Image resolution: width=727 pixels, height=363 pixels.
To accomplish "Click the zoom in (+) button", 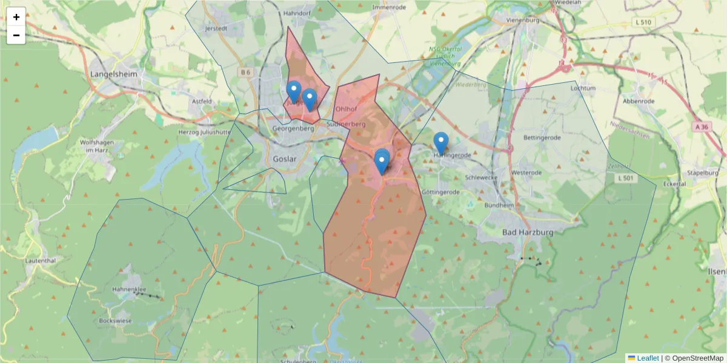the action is (16, 17).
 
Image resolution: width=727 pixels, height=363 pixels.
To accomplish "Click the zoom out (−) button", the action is (16, 35).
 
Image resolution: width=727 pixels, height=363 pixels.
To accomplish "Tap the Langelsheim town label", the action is (114, 74).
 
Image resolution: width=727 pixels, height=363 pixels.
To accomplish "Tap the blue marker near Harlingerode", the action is (441, 143).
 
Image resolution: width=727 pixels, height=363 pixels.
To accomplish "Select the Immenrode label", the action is (388, 7).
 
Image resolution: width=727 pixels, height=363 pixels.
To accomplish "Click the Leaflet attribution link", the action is (647, 358).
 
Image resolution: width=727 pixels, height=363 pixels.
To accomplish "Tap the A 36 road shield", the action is (702, 127).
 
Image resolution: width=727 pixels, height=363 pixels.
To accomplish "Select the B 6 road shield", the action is (245, 72).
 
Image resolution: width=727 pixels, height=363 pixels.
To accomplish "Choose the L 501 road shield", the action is (626, 178).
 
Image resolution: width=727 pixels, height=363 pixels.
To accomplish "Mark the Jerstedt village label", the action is (216, 28).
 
